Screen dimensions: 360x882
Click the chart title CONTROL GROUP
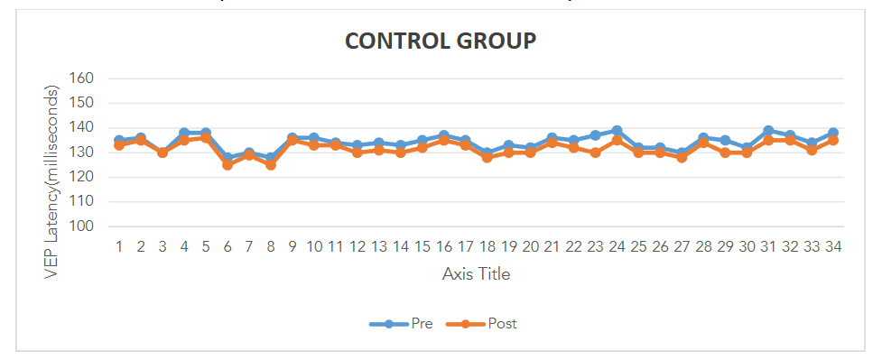pyautogui.click(x=441, y=41)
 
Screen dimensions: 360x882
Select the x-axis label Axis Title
pyautogui.click(x=476, y=273)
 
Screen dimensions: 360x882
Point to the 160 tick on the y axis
pyautogui.click(x=82, y=78)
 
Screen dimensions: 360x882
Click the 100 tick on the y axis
pyautogui.click(x=82, y=226)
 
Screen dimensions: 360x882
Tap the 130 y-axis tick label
pyautogui.click(x=82, y=152)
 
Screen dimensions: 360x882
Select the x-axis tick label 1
pyautogui.click(x=119, y=246)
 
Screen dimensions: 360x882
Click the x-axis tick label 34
pyautogui.click(x=833, y=246)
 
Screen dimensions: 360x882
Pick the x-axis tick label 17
pyautogui.click(x=465, y=246)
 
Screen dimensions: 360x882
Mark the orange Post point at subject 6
pyautogui.click(x=227, y=165)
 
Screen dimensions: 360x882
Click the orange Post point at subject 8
pyautogui.click(x=271, y=165)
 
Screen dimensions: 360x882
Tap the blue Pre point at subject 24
pyautogui.click(x=617, y=131)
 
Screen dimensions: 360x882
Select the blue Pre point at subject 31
pyautogui.click(x=768, y=131)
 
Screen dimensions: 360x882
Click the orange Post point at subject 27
pyautogui.click(x=682, y=158)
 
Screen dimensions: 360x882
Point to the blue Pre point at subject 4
pyautogui.click(x=184, y=133)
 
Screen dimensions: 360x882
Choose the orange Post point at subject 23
pyautogui.click(x=595, y=152)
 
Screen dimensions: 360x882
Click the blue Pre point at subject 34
pyautogui.click(x=833, y=133)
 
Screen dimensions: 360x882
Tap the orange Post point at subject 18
pyautogui.click(x=487, y=158)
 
